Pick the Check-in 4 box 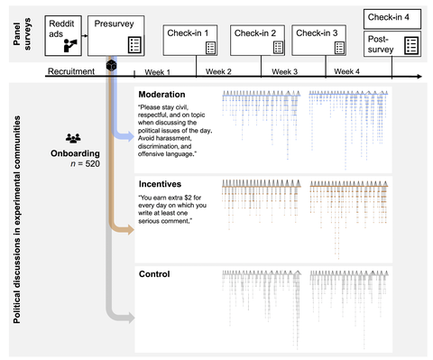[x=393, y=17]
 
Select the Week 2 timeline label [x=217, y=71]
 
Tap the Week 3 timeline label [x=284, y=71]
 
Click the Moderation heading [x=161, y=94]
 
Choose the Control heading [x=154, y=273]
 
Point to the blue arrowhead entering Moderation [x=128, y=138]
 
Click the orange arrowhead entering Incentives [x=128, y=229]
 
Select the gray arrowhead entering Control [x=128, y=318]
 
